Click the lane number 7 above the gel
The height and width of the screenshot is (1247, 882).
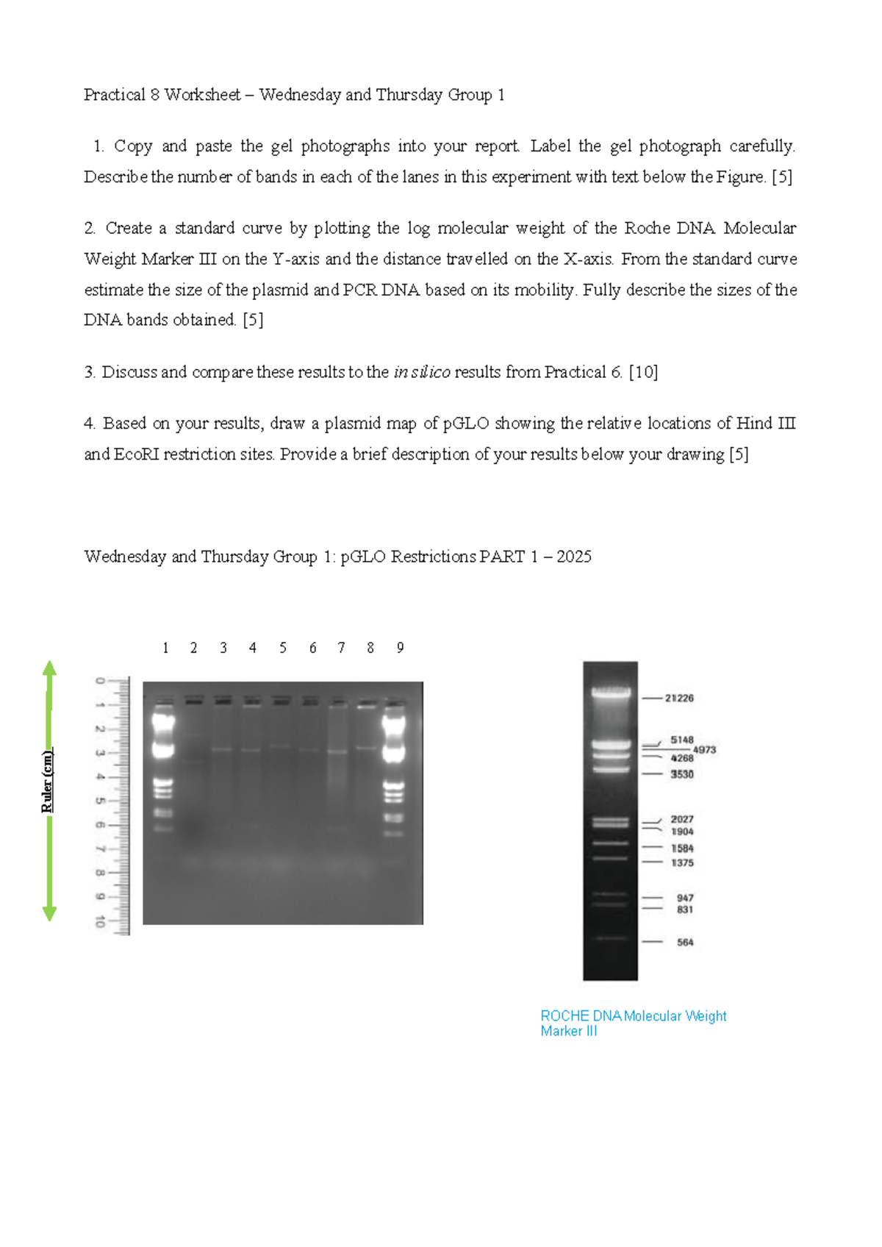click(x=341, y=648)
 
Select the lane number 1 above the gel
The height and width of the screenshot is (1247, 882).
click(x=165, y=648)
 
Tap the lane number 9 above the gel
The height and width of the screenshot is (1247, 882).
click(x=400, y=648)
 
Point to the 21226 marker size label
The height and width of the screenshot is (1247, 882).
click(x=679, y=698)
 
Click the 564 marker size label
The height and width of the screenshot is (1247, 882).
click(x=685, y=942)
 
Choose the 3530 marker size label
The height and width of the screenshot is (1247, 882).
click(x=681, y=774)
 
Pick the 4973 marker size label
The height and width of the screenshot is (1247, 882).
click(x=704, y=750)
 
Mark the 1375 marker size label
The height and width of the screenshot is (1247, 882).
click(x=682, y=862)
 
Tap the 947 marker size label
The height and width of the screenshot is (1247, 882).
click(x=685, y=898)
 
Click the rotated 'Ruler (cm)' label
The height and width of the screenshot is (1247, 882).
click(x=47, y=781)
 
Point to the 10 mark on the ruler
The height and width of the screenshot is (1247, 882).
click(x=100, y=922)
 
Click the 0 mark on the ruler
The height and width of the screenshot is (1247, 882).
click(x=100, y=681)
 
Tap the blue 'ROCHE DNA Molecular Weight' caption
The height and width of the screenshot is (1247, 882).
click(x=633, y=1015)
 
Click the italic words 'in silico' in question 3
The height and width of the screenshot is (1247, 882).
click(x=421, y=372)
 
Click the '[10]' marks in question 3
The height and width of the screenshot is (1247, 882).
click(x=643, y=372)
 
